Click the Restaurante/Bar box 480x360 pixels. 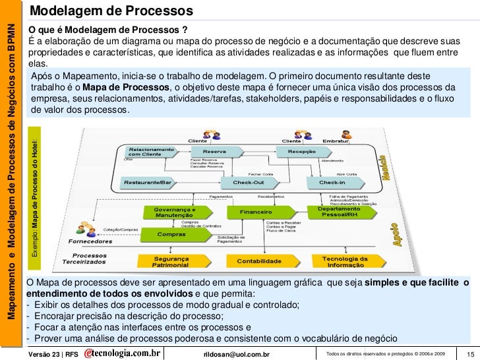point(144,182)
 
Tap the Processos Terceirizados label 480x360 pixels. point(88,260)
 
